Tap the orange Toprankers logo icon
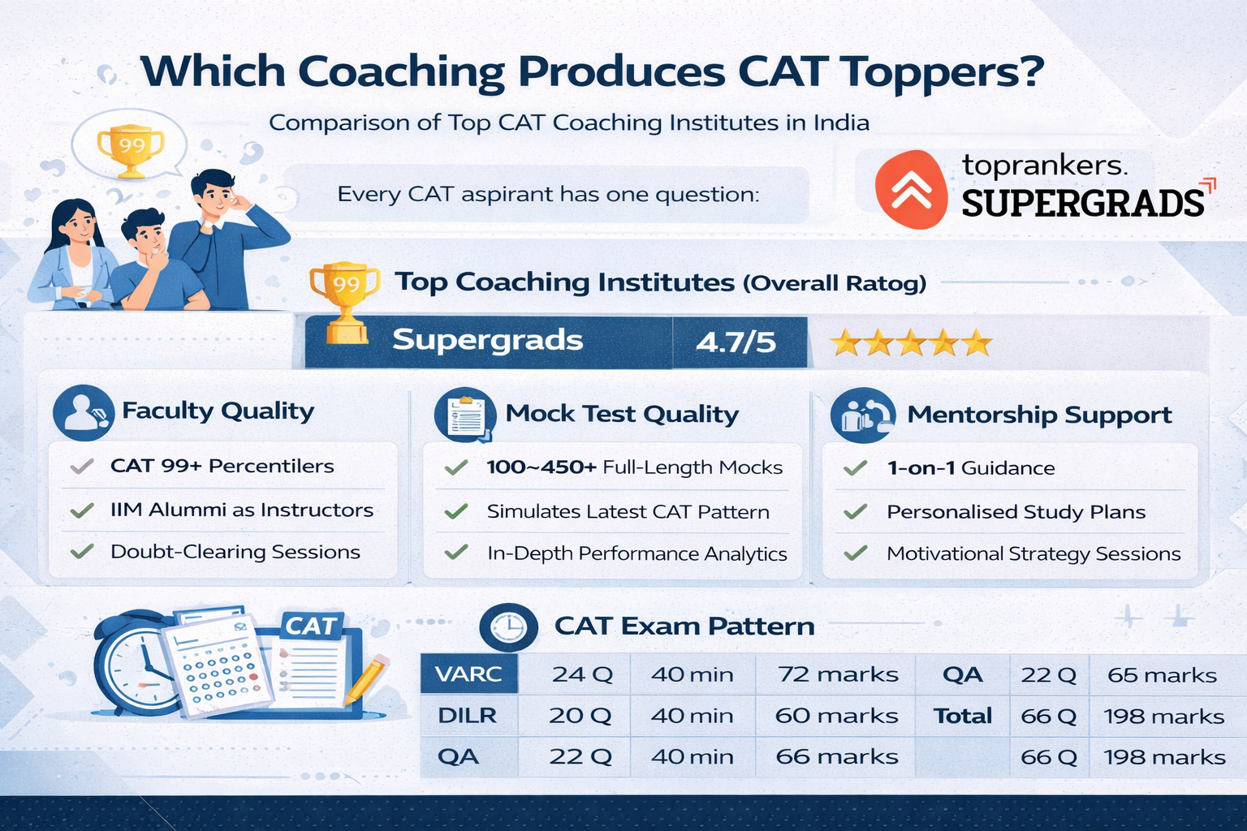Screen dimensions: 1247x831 pos(911,189)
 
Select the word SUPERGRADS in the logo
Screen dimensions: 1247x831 pos(1083,203)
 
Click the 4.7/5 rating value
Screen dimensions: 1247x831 pos(736,342)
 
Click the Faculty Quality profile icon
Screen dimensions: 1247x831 pos(84,412)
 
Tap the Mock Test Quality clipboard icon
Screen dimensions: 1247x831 pos(465,415)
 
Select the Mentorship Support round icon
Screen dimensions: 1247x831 pos(863,415)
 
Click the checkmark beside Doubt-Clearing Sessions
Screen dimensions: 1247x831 pos(82,552)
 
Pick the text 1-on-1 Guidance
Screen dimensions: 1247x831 pos(971,468)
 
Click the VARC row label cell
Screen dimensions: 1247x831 pos(468,674)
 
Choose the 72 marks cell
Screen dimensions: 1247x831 pos(838,674)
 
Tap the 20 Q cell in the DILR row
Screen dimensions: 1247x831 pos(580,716)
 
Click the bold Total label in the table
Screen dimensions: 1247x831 pos(963,716)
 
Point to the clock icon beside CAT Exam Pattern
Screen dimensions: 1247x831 pos(508,627)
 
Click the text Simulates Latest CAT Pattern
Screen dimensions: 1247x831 pos(628,512)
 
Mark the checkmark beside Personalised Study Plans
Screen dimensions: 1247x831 pos(856,511)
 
